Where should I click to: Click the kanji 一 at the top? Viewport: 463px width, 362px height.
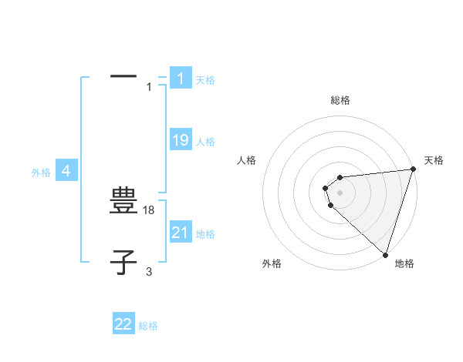[x=123, y=76]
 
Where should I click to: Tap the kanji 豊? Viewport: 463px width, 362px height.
[x=123, y=203]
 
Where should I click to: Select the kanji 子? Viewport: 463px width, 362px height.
[x=123, y=263]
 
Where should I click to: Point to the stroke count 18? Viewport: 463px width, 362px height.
[x=150, y=209]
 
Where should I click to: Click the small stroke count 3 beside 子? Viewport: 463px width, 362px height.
[x=149, y=271]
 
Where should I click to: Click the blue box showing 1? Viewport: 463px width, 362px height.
[x=181, y=79]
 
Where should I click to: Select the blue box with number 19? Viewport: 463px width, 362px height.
[x=181, y=140]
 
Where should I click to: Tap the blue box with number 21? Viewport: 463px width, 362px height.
[x=181, y=233]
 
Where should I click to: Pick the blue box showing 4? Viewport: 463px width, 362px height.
[x=66, y=171]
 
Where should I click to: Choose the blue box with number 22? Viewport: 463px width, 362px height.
[x=123, y=324]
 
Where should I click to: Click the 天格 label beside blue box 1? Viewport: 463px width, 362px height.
[x=205, y=80]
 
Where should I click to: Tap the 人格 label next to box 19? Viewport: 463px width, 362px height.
[x=205, y=142]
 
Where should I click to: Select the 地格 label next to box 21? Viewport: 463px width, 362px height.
[x=205, y=234]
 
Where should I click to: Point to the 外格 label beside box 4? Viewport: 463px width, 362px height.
[x=41, y=173]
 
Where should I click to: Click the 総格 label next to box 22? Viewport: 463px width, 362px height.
[x=148, y=326]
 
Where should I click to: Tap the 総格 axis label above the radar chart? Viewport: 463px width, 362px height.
[x=340, y=100]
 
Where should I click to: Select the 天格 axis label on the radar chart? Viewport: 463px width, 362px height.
[x=434, y=160]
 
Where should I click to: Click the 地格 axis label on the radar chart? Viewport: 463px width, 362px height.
[x=404, y=263]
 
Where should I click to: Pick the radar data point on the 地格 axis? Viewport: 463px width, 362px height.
[x=385, y=254]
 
